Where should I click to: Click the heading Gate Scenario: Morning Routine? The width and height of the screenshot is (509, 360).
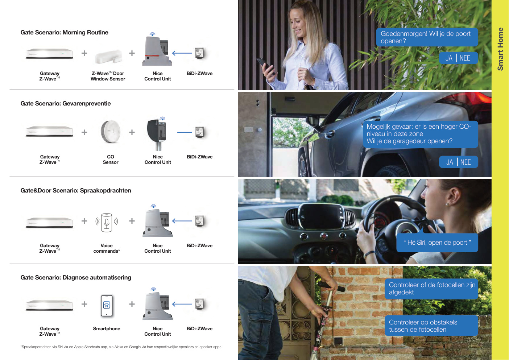[x=64, y=33]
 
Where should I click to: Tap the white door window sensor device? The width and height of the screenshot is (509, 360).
[x=108, y=57]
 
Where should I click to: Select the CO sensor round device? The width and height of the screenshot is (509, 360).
[x=111, y=132]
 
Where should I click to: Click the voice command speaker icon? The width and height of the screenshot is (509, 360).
[x=107, y=222]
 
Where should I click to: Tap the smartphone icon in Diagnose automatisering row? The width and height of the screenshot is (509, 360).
[x=107, y=306]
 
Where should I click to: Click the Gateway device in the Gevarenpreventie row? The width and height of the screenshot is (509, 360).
[x=50, y=131]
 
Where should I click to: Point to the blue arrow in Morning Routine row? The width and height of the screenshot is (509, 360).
[x=182, y=53]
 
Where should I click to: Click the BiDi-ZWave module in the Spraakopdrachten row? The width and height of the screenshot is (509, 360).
[x=199, y=221]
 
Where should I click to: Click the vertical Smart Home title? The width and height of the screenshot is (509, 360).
[x=500, y=49]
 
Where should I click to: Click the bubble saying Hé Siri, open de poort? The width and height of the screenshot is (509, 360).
[x=437, y=242]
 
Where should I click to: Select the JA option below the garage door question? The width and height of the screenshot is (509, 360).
[x=450, y=162]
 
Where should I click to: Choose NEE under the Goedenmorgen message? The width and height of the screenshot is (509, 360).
[x=465, y=58]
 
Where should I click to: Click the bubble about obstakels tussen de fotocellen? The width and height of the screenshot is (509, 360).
[x=431, y=326]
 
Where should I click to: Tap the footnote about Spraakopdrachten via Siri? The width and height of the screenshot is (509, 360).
[x=121, y=347]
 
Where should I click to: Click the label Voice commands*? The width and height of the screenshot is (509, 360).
[x=107, y=248]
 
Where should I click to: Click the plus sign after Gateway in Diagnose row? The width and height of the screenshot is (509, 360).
[x=84, y=304]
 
